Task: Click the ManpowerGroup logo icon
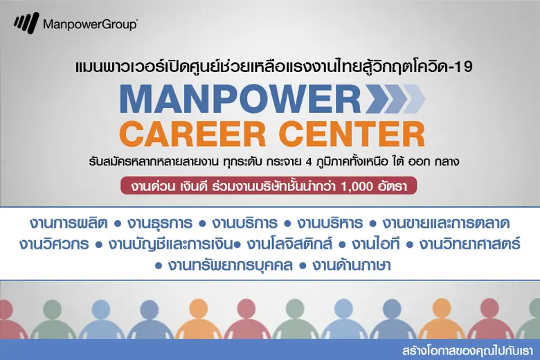(x=26, y=24)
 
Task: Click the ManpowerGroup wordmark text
(x=89, y=25)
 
